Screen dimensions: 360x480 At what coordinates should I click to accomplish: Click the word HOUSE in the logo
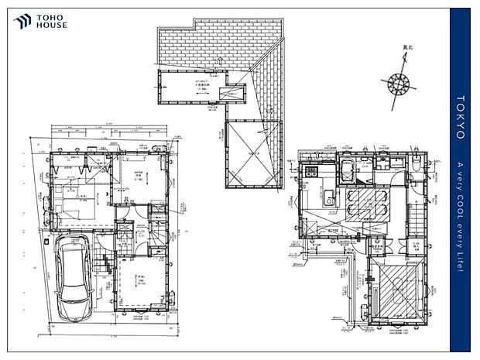tap(53, 25)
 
